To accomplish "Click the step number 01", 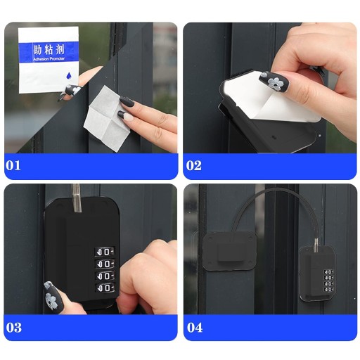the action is coord(13,165).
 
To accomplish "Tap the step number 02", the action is coord(194,165).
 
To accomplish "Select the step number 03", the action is coord(14,327).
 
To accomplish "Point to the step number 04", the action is coord(195,327).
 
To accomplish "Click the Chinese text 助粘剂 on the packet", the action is coord(49,50).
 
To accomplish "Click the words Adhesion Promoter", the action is coord(49,59).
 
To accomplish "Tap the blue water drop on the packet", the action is coord(69,75).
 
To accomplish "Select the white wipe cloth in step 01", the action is coord(108,118).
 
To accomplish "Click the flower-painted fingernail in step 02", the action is coord(274,80).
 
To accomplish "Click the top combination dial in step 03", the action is coord(105,252).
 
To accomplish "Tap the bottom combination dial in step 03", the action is coord(105,287).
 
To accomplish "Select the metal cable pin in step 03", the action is coord(77,198).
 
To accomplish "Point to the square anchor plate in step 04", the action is coord(229,251).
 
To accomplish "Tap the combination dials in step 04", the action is coord(328,281).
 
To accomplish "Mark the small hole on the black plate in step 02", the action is coord(273,136).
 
